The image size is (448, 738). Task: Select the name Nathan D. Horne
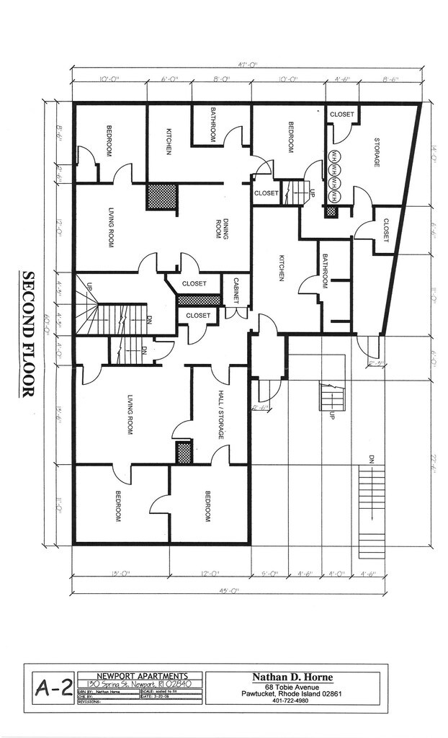tap(296, 677)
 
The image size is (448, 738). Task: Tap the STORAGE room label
tap(376, 151)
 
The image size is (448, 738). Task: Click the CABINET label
tap(236, 292)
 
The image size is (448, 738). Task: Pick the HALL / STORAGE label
tap(221, 415)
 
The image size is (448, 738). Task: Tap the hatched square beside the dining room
tap(162, 196)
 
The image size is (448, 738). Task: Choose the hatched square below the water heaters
tap(331, 212)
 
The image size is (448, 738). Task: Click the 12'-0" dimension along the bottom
tap(210, 574)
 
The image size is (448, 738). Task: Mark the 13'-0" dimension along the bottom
tap(120, 574)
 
